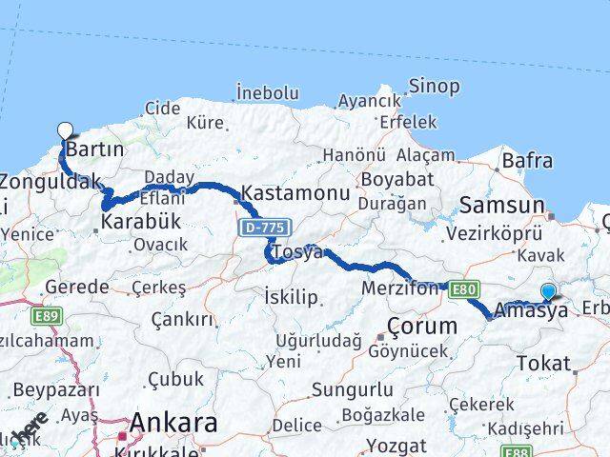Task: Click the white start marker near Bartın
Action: [x=65, y=131]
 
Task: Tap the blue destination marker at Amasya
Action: [x=548, y=292]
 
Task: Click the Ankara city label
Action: [x=173, y=422]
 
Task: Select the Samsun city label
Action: [x=502, y=204]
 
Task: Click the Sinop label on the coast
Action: [x=434, y=86]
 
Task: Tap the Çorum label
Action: [x=422, y=327]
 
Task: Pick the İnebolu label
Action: [x=268, y=93]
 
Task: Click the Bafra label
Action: [x=527, y=161]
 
